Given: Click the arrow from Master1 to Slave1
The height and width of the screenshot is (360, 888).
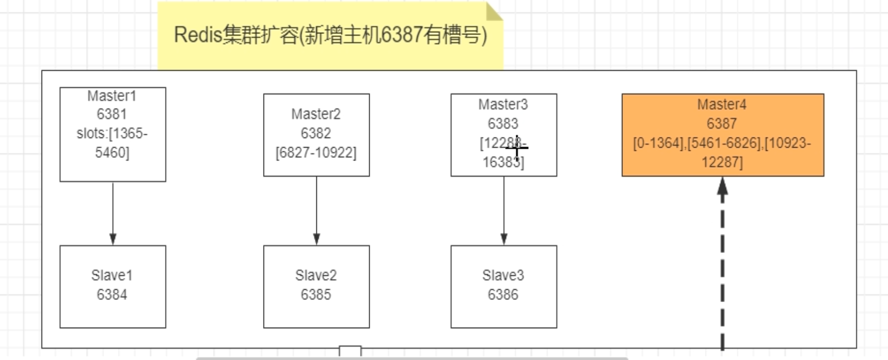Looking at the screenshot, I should [x=113, y=213].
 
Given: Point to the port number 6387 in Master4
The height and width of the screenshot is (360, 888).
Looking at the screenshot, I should [x=721, y=124].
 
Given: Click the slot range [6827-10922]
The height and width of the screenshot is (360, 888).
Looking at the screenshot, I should [x=316, y=153].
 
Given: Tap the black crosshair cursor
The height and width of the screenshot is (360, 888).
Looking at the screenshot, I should [x=517, y=148].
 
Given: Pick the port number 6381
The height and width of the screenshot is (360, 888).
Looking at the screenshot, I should [x=112, y=114].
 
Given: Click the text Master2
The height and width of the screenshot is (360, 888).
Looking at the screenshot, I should [x=316, y=114].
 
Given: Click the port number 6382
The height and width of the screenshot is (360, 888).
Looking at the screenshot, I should [x=316, y=133].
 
